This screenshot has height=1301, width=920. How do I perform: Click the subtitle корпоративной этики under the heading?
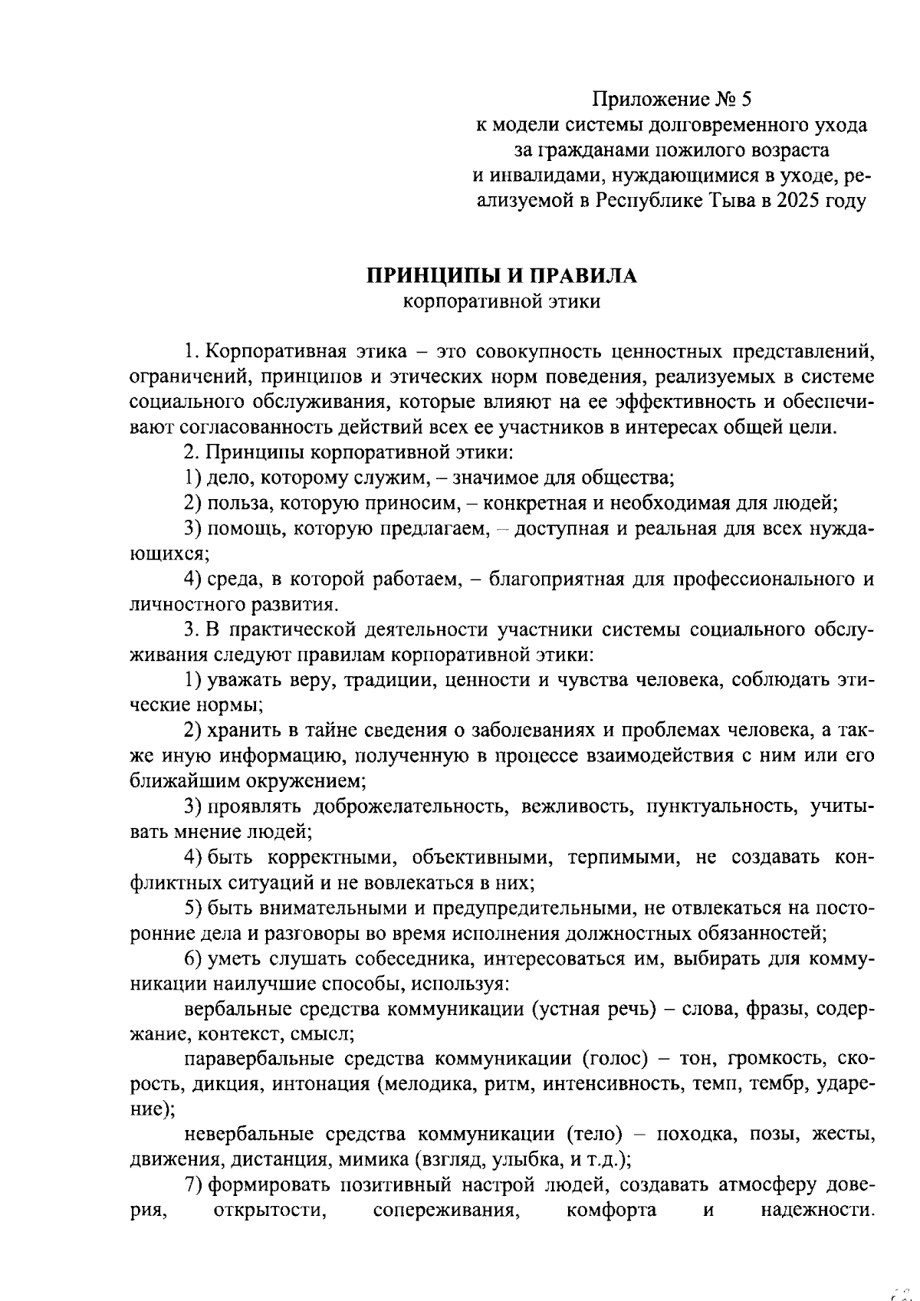tap(501, 302)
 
